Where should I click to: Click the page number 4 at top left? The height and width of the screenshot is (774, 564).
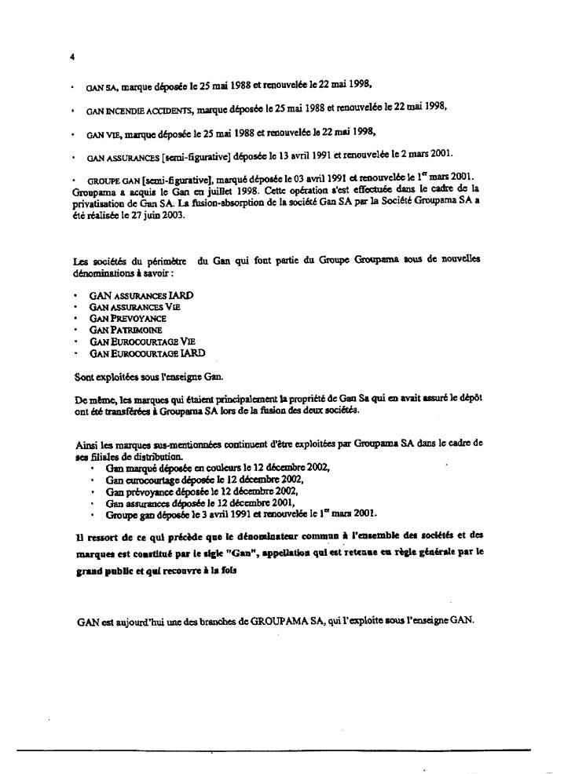71,57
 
